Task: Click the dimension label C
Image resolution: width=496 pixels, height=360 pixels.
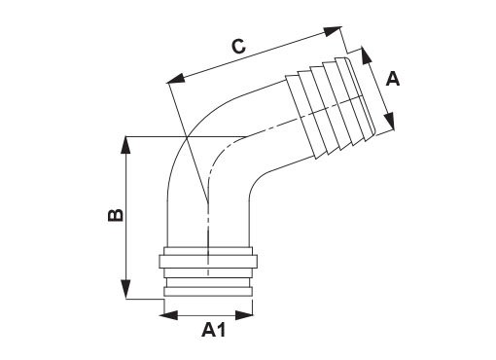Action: [x=238, y=46]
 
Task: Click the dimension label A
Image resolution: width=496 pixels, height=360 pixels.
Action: [x=393, y=79]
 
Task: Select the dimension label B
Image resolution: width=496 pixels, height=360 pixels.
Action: [x=116, y=215]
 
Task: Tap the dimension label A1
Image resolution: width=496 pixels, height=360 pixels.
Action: [x=213, y=331]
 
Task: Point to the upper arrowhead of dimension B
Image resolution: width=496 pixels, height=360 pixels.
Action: [x=125, y=145]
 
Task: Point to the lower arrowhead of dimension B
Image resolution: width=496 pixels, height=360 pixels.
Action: [x=125, y=290]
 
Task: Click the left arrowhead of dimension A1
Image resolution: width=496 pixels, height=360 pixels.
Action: [x=171, y=315]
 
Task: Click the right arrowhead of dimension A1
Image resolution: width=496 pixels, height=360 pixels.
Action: [x=244, y=315]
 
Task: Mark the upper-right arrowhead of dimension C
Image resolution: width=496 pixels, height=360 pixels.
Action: [x=333, y=30]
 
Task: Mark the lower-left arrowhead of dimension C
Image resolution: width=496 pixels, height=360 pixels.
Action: [x=176, y=79]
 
